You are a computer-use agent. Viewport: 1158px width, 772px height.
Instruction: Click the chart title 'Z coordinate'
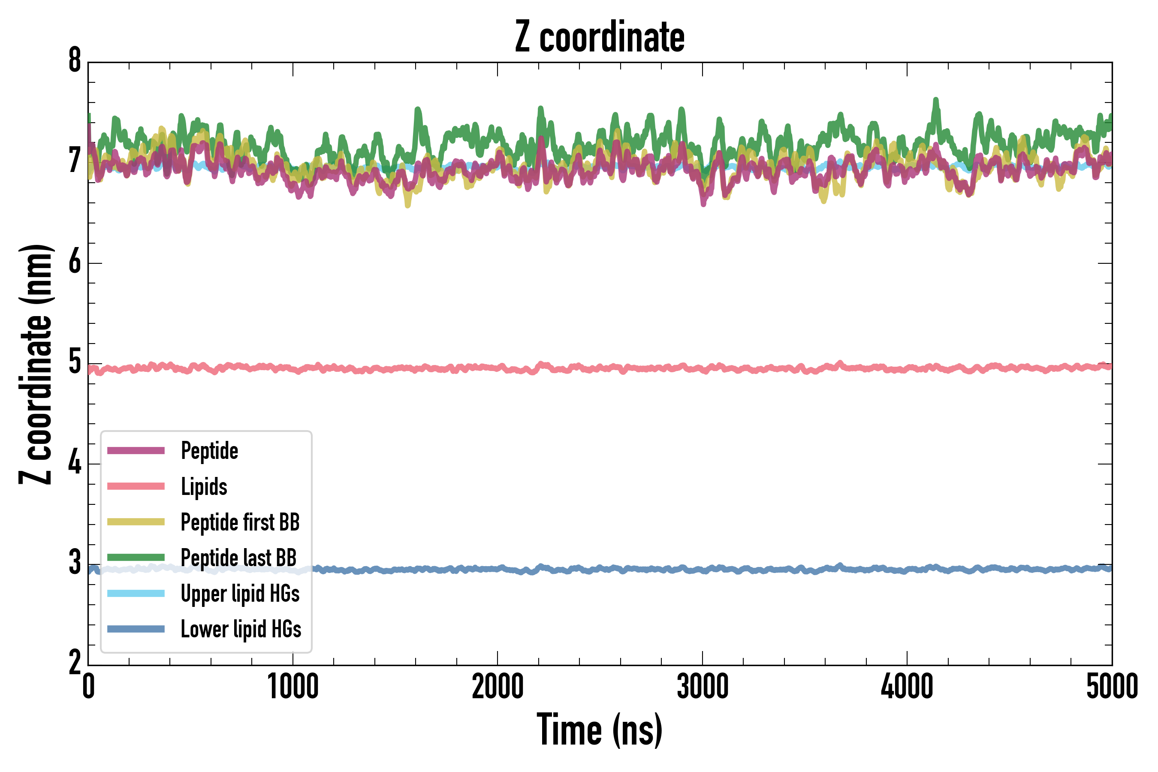[600, 37]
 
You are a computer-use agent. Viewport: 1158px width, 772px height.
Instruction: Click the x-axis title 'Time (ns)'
[600, 730]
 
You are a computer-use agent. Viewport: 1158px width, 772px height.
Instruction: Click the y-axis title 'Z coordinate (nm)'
[36, 364]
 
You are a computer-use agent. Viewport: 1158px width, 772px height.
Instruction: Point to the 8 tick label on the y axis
[75, 61]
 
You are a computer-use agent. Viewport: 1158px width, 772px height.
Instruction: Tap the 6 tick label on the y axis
[75, 262]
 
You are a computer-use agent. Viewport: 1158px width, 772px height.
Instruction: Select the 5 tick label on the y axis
[75, 363]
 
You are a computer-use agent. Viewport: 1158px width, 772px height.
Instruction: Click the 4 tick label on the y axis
[75, 463]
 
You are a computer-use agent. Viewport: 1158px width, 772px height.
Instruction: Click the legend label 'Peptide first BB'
[240, 522]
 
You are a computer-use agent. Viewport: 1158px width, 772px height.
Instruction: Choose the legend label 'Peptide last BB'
[239, 558]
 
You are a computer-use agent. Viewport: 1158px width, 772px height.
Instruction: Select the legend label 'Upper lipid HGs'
[240, 594]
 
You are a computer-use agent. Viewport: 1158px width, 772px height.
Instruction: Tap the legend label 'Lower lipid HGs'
[241, 629]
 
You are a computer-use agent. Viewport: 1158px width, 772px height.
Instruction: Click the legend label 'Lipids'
[204, 487]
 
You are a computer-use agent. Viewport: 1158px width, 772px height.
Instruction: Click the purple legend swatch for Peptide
[136, 450]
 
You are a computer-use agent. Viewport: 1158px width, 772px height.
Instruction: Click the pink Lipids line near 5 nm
[640, 368]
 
